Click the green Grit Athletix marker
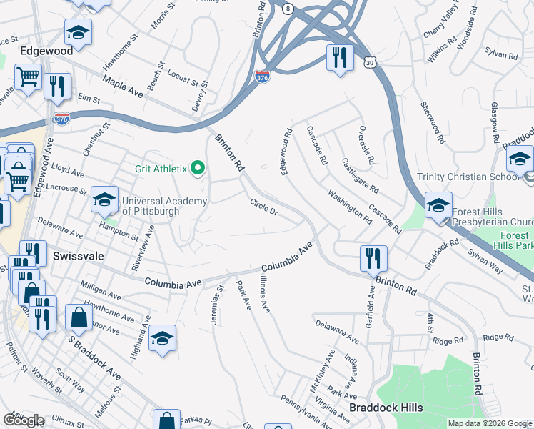[x=198, y=169]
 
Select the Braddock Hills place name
[x=386, y=408]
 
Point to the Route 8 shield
[x=287, y=8]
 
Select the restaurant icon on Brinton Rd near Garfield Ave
[x=373, y=257]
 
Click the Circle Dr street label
[x=263, y=207]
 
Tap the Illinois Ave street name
[x=265, y=295]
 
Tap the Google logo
[x=24, y=420]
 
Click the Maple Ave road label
[x=123, y=85]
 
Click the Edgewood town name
[x=46, y=51]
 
